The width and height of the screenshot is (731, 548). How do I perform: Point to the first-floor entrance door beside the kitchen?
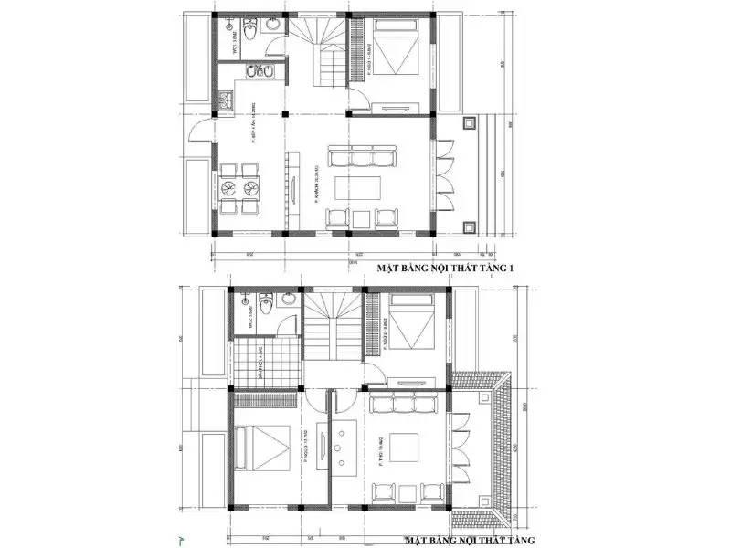click(x=199, y=133)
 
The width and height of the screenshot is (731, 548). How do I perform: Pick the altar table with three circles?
click(x=337, y=448)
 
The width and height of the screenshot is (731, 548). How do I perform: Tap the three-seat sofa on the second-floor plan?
click(x=407, y=403)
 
